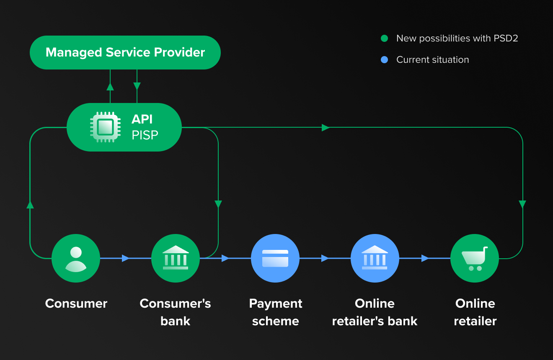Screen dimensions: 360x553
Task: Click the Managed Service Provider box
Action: (x=125, y=52)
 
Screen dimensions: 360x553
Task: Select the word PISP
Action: (x=145, y=135)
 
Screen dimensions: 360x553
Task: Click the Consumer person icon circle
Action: (x=76, y=258)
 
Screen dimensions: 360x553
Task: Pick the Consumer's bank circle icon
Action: (x=176, y=258)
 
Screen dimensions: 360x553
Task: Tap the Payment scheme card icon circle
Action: (x=275, y=258)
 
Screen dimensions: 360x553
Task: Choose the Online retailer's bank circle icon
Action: (x=375, y=258)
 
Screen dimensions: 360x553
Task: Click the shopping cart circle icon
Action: (x=475, y=258)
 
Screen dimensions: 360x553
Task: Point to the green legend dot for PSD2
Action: (x=384, y=39)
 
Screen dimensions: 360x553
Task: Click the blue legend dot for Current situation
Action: (x=384, y=60)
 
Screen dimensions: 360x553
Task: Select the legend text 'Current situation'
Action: (x=432, y=60)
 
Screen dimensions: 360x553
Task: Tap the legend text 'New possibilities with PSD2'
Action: (x=457, y=39)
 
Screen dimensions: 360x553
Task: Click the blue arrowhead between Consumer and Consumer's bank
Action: (x=125, y=258)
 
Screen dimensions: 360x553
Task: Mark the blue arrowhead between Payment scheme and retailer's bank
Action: (x=325, y=258)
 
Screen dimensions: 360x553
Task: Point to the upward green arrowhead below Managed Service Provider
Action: (x=110, y=87)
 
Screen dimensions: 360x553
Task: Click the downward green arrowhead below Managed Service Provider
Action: (x=137, y=86)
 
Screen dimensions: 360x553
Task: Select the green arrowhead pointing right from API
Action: (x=326, y=127)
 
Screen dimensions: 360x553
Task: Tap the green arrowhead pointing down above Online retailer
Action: (x=522, y=204)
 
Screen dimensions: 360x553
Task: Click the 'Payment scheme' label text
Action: (x=275, y=312)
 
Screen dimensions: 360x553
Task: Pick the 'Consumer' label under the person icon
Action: (x=76, y=303)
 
